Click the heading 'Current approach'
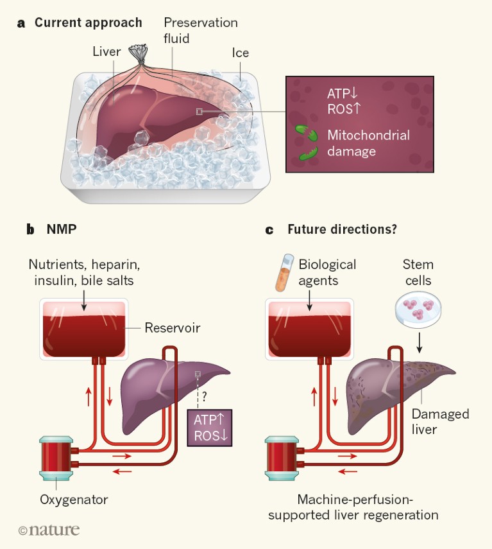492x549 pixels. click(88, 23)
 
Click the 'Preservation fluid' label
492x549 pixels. click(200, 30)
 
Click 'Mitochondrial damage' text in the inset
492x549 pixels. click(368, 143)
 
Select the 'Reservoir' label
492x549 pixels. click(173, 328)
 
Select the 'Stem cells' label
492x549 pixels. click(418, 272)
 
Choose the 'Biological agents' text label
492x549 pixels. click(327, 272)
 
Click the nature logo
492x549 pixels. click(49, 530)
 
